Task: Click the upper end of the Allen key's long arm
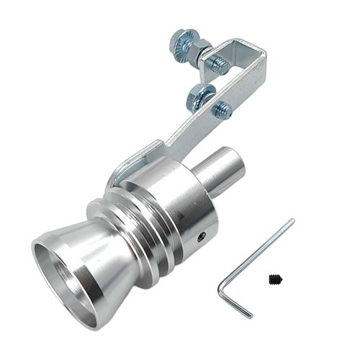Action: click(291, 222)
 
